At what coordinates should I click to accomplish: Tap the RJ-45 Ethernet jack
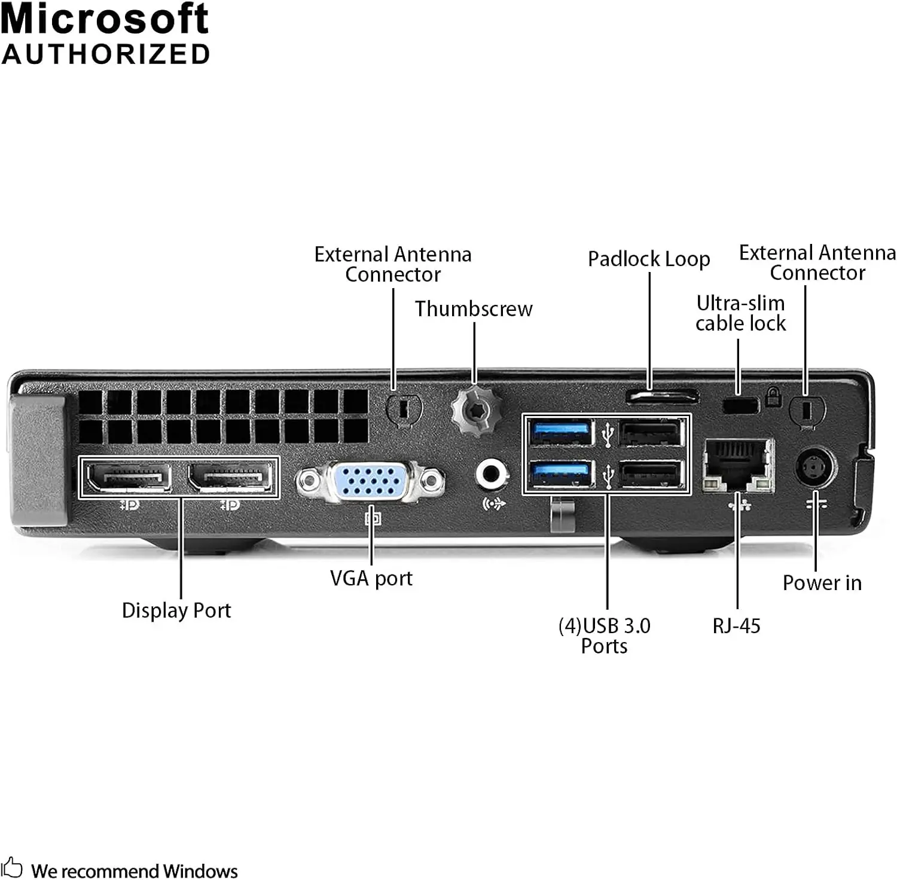tap(738, 465)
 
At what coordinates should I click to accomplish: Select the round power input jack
tap(816, 467)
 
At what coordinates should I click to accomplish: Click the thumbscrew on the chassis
tap(474, 410)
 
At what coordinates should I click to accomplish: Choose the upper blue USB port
tap(561, 432)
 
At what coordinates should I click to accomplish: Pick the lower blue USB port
tap(561, 475)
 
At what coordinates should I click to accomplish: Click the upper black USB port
tap(651, 432)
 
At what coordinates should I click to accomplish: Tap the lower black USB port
tap(651, 475)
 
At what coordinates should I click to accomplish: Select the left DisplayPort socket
tap(129, 477)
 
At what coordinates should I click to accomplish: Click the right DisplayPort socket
tap(230, 477)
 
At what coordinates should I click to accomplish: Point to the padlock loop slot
tap(662, 396)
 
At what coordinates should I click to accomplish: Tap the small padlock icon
tap(773, 396)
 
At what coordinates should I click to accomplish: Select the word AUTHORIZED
tap(106, 54)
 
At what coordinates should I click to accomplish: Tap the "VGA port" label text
tap(371, 578)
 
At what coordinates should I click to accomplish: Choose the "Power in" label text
tap(822, 583)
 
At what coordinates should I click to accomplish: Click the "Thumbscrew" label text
tap(474, 309)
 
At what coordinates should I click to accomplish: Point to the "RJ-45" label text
tap(736, 626)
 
